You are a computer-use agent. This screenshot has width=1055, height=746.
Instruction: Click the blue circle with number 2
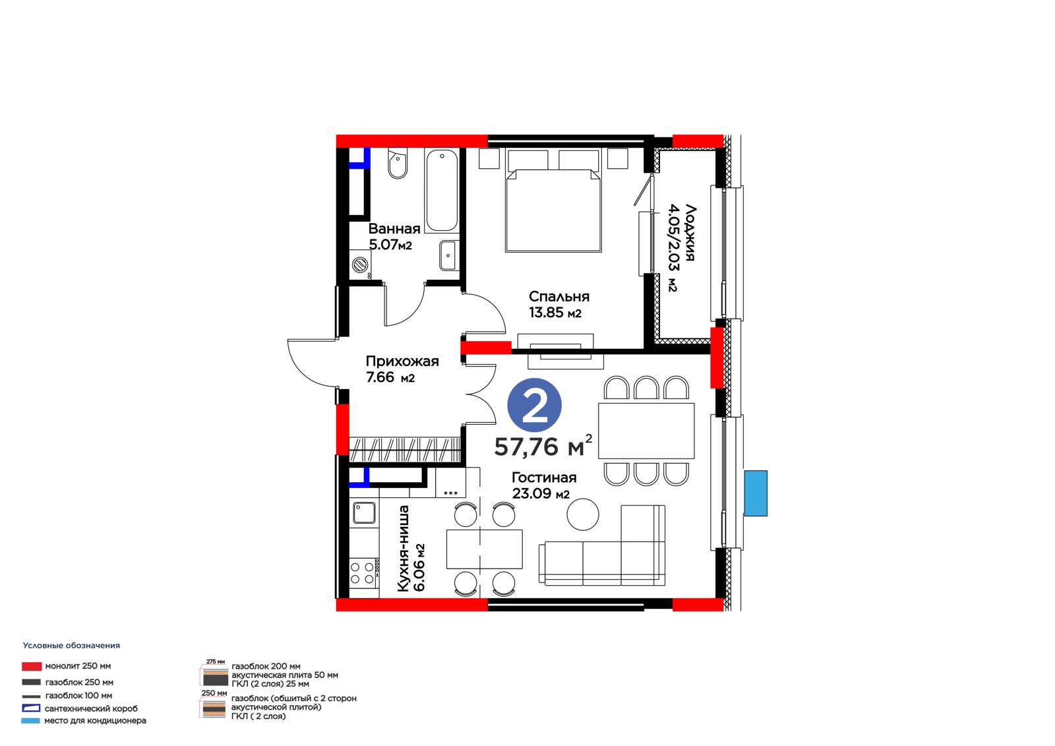(x=534, y=405)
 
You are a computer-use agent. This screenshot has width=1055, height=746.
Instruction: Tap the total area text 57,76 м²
(x=543, y=446)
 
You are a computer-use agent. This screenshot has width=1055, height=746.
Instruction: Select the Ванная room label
(x=394, y=229)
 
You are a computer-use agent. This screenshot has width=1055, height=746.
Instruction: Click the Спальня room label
(x=559, y=296)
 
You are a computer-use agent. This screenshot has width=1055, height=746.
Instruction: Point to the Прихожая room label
(x=402, y=361)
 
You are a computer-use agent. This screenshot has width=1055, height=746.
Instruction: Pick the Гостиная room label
(x=544, y=478)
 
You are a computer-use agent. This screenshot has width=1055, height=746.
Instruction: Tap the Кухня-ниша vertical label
(x=404, y=548)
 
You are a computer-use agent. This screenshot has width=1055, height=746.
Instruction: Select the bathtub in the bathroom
(x=441, y=190)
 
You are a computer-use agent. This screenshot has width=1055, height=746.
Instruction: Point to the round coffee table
(x=583, y=514)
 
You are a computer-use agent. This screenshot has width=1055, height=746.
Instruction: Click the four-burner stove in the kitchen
(x=364, y=573)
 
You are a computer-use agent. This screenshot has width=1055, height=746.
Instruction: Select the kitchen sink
(x=364, y=513)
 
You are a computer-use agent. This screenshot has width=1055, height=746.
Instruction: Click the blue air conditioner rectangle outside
(x=756, y=493)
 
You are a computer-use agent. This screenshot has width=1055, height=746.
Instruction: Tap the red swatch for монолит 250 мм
(x=32, y=666)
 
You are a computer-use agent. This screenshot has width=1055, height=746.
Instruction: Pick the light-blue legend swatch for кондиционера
(x=30, y=720)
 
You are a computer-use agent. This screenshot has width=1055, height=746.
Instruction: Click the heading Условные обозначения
(x=72, y=645)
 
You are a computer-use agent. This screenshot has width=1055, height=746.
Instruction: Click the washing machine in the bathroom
(x=360, y=264)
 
